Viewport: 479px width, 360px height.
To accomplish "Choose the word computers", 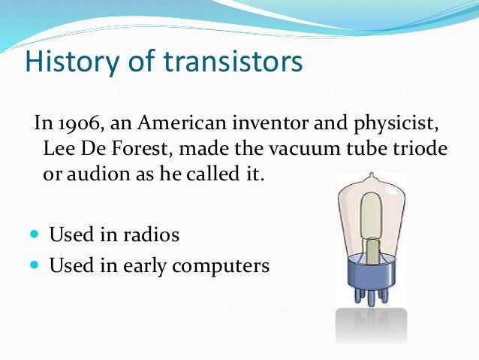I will (224, 266).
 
